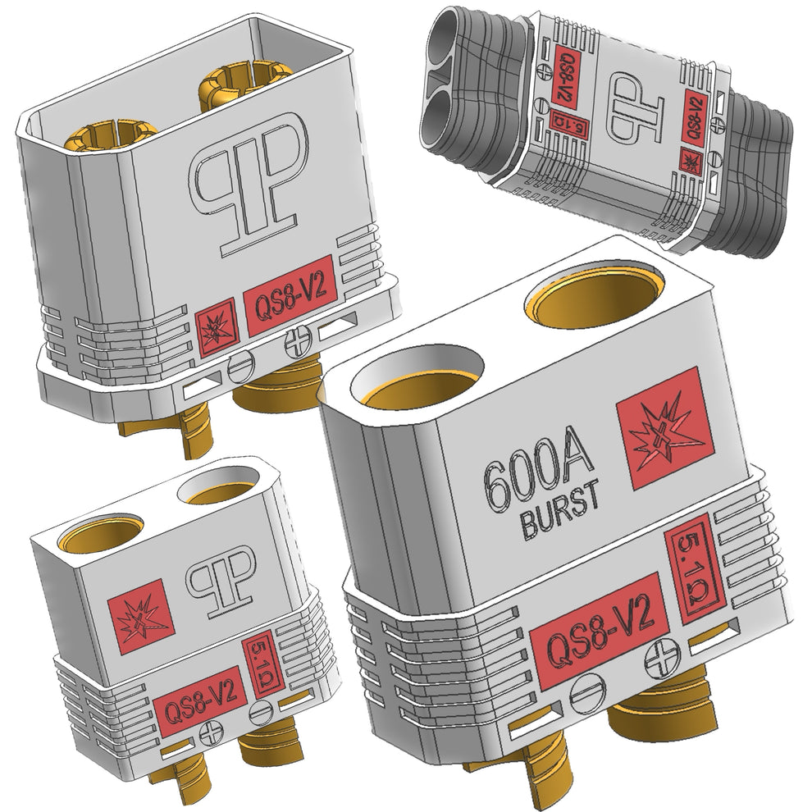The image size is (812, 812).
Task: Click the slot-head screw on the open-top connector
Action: click(x=239, y=363)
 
